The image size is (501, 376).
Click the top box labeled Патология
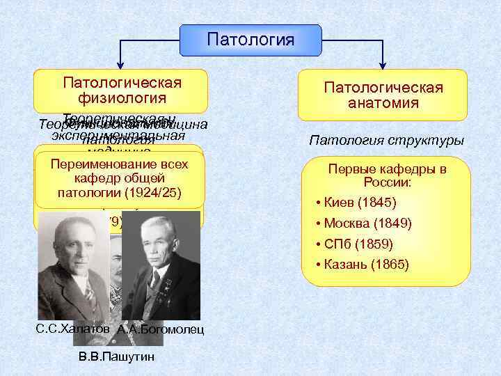pyautogui.click(x=250, y=39)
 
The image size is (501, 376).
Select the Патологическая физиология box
pyautogui.click(x=122, y=91)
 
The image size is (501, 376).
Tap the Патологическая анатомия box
pyautogui.click(x=383, y=95)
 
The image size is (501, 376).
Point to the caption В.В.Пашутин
pyautogui.click(x=114, y=357)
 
